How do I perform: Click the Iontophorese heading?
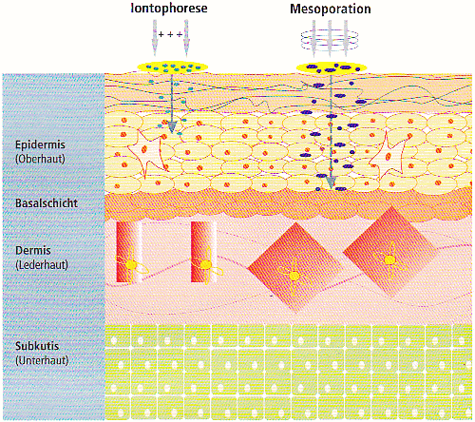(x=169, y=9)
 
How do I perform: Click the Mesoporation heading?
(x=331, y=9)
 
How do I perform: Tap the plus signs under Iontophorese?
(x=170, y=34)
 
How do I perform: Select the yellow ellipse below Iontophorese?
(x=172, y=67)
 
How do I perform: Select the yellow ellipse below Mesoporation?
(x=332, y=67)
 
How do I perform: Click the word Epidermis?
(x=40, y=145)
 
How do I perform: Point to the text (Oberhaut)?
(x=40, y=159)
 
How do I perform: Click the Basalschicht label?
(x=47, y=203)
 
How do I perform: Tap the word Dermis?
(x=33, y=251)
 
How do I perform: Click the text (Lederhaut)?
(x=42, y=264)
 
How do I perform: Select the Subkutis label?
(x=37, y=346)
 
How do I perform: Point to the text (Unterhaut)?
(x=42, y=360)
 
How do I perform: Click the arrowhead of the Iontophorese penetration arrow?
(x=172, y=126)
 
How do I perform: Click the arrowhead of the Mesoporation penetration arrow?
(x=331, y=182)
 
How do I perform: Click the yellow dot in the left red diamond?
(x=294, y=276)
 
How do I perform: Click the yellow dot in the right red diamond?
(x=389, y=260)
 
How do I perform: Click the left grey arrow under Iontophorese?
(x=155, y=37)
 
